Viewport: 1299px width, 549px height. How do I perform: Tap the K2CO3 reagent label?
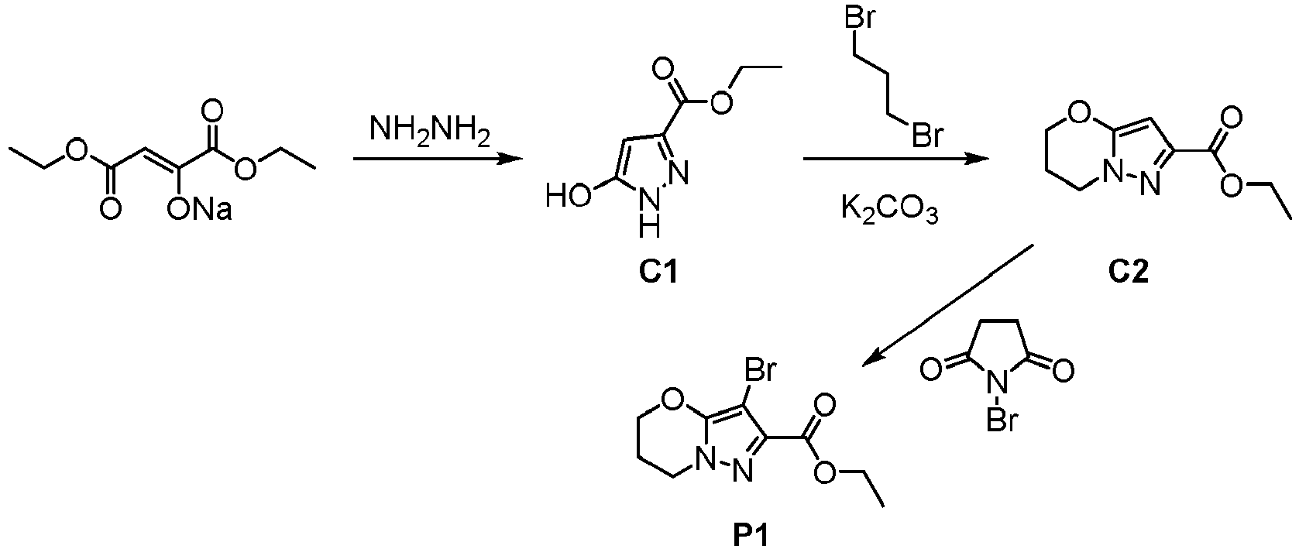889,210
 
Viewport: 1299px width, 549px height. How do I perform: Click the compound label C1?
658,272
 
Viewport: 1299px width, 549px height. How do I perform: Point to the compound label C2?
1128,272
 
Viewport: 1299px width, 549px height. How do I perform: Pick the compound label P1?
750,537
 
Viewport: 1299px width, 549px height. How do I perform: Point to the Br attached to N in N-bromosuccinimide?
1002,420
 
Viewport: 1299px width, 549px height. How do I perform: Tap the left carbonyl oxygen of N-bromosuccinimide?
931,369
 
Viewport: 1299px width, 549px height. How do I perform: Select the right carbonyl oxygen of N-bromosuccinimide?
1063,369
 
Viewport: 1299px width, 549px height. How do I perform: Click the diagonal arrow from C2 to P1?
948,306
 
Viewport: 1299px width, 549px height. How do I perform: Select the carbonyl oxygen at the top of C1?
662,68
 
